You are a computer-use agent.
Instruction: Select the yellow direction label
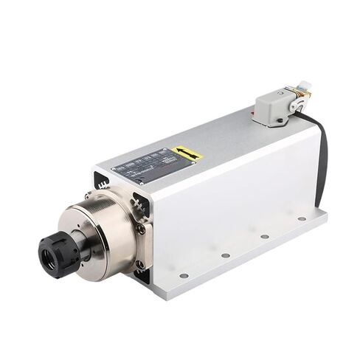187,154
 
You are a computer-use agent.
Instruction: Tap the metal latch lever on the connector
297,103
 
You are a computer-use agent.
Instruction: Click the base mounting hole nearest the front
184,275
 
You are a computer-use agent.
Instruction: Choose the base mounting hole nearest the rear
302,218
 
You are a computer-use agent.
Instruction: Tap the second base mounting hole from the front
225,255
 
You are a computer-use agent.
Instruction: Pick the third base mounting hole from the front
265,236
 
